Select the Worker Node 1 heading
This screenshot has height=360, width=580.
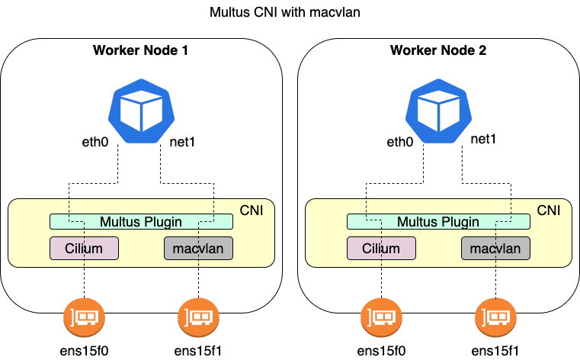click(141, 51)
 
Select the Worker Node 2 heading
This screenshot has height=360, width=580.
click(438, 51)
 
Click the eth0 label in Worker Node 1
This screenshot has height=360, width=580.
click(98, 142)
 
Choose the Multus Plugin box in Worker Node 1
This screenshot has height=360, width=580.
click(141, 222)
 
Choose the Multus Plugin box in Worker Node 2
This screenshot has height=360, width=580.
click(438, 222)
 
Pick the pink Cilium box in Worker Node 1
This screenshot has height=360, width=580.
click(84, 249)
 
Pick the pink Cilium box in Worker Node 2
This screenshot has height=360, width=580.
click(381, 249)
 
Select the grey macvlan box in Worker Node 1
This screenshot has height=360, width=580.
click(198, 249)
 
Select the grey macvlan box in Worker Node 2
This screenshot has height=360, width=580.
click(495, 249)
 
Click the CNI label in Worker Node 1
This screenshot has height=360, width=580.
click(251, 210)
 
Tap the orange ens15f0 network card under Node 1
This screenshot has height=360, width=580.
click(84, 315)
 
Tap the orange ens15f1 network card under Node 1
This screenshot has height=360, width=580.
click(198, 315)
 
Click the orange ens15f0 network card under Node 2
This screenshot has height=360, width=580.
click(381, 315)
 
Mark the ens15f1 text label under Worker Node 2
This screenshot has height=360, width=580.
click(495, 350)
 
